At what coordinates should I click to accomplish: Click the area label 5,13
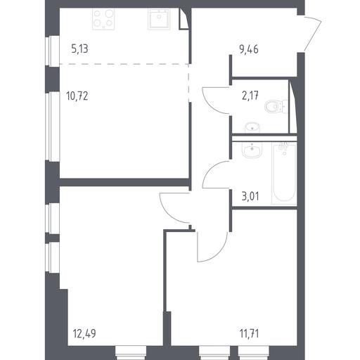click(79, 49)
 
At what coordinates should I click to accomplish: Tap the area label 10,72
click(77, 96)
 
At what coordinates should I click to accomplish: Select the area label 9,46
click(249, 50)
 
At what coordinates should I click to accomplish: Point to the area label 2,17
click(250, 96)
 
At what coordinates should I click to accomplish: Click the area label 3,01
click(250, 196)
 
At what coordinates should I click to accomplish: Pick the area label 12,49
click(84, 333)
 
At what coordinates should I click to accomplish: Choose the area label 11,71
click(249, 333)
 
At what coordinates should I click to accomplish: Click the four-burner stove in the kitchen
click(103, 19)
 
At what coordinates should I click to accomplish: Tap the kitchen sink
click(159, 19)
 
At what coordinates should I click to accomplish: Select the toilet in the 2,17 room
click(276, 106)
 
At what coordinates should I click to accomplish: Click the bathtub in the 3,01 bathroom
click(284, 173)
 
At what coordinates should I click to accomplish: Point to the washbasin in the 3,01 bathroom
click(252, 150)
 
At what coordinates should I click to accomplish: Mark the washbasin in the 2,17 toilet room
click(252, 127)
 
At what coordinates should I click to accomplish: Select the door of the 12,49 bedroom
click(174, 207)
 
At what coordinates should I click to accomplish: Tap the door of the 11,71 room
click(212, 247)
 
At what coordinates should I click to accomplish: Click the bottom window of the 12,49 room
click(131, 353)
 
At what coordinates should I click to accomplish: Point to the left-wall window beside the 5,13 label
click(52, 51)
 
